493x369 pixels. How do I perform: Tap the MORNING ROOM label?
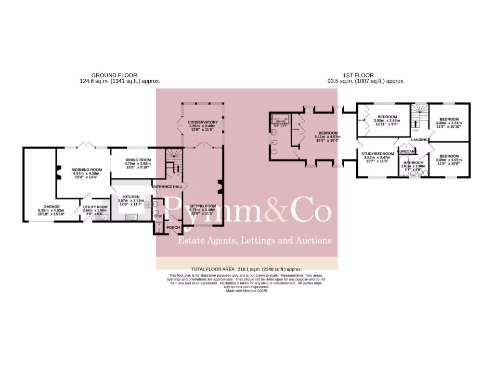tap(87, 170)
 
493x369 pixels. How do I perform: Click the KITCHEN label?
tap(131, 197)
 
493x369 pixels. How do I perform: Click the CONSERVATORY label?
tap(203, 122)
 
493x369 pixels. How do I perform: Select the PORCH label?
tap(173, 228)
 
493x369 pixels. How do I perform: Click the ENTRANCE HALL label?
tap(167, 186)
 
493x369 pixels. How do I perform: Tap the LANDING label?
tap(420, 140)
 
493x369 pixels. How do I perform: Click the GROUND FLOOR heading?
tap(114, 75)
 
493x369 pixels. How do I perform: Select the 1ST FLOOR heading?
tap(358, 75)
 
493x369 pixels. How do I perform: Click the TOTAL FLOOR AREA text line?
tap(246, 270)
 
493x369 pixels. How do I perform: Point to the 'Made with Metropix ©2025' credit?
tap(246, 291)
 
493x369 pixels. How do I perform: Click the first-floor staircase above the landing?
tap(418, 115)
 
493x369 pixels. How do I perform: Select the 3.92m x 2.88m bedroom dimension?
tap(387, 121)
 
